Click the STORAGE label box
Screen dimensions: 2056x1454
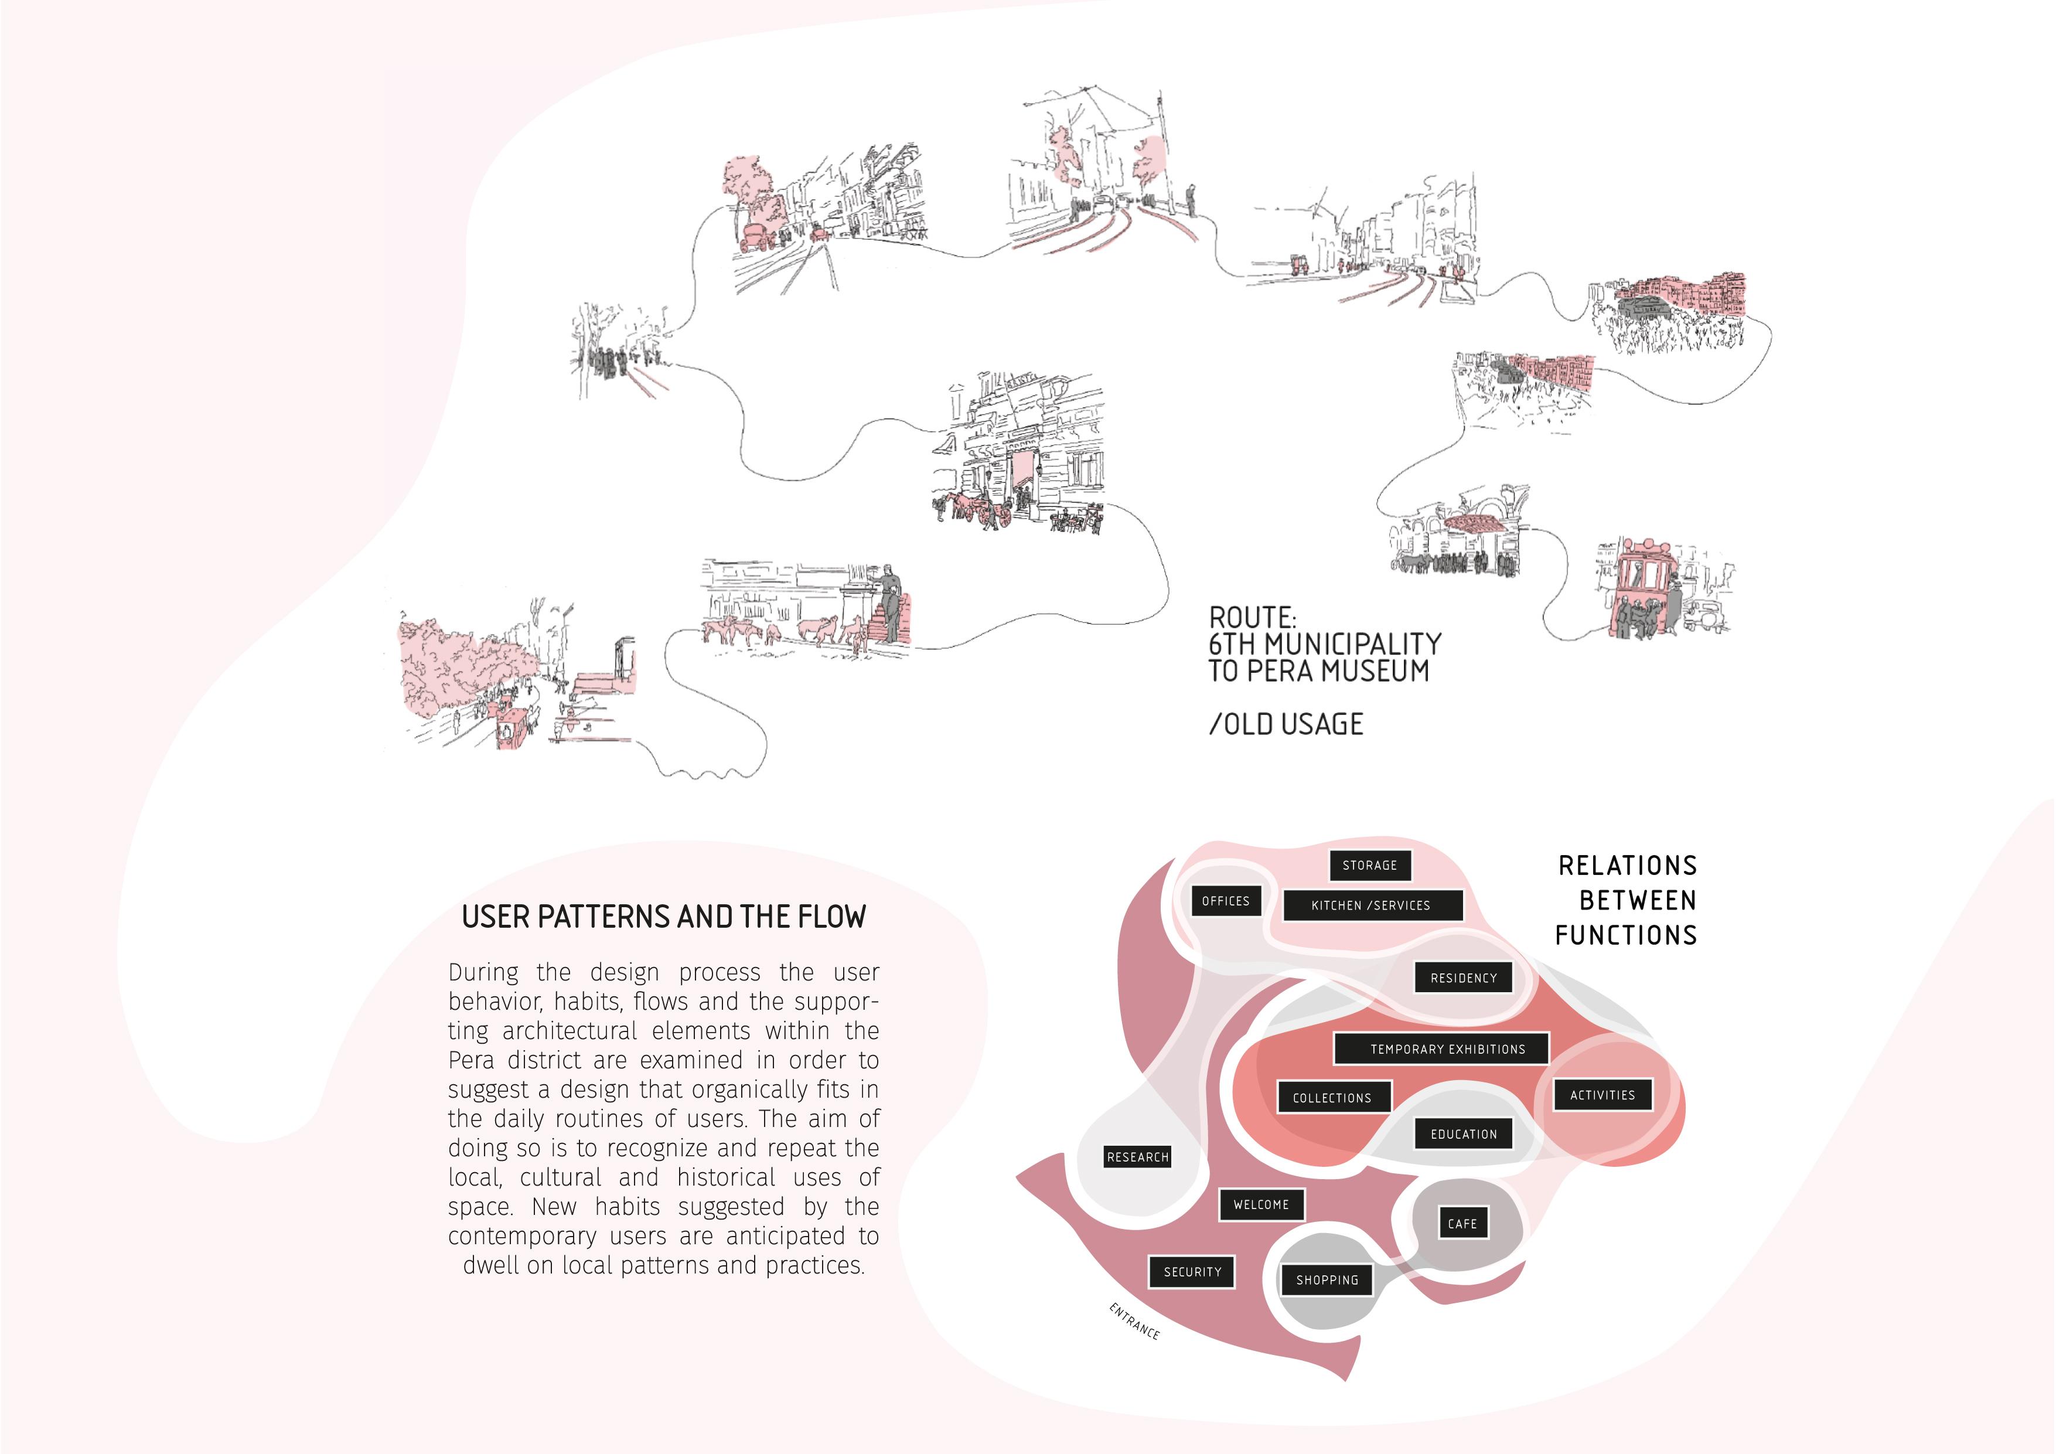click(1369, 866)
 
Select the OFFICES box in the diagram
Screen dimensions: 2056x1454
click(1225, 901)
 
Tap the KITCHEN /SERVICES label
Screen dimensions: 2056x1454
click(1371, 905)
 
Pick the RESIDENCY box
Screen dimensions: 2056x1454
click(1463, 978)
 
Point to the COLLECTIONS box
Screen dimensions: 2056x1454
click(1332, 1098)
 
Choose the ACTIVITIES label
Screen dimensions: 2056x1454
click(1602, 1095)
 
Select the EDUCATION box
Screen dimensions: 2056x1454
click(1463, 1134)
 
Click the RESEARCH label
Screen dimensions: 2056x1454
click(1137, 1157)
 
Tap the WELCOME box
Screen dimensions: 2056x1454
click(1261, 1205)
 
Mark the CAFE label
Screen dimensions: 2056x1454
click(1462, 1224)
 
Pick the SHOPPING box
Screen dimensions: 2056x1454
click(1327, 1280)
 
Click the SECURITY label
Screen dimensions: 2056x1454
click(1192, 1272)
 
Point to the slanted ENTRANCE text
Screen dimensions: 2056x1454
click(1134, 1322)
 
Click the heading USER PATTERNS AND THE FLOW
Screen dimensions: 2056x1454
click(663, 917)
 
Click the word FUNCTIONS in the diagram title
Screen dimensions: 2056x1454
click(1625, 935)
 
